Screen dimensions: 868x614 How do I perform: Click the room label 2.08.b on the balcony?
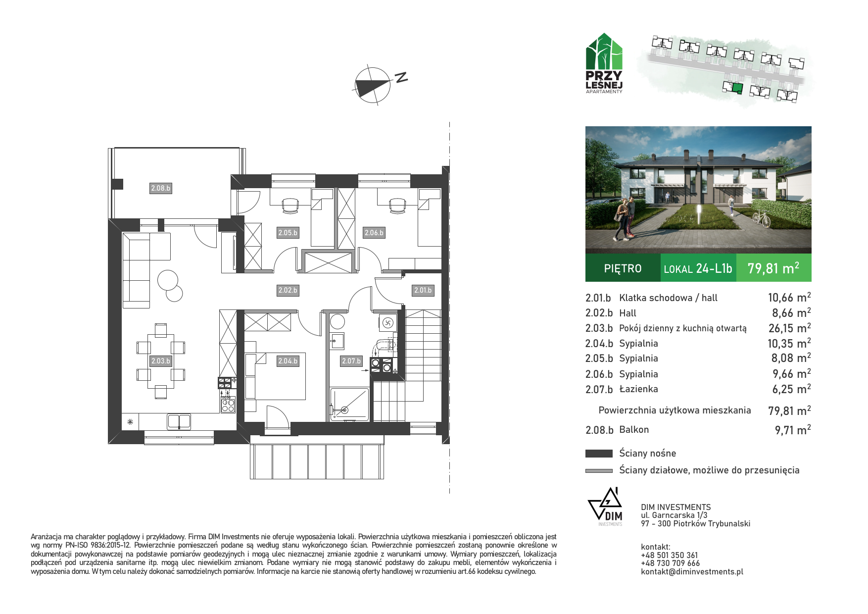(x=160, y=188)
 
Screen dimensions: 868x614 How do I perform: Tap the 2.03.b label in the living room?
(x=160, y=361)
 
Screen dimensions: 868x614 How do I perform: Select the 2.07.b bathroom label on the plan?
(x=351, y=361)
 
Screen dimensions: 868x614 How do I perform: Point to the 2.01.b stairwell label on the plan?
(x=423, y=290)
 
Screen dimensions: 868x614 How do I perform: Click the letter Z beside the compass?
(x=401, y=77)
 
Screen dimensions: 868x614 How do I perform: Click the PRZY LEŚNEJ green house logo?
(x=604, y=63)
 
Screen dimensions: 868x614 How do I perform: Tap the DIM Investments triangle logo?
(x=605, y=506)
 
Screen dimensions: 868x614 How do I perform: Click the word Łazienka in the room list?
(x=638, y=389)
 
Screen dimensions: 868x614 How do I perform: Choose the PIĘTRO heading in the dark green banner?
(x=623, y=268)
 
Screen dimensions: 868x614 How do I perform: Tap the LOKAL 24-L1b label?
(x=698, y=268)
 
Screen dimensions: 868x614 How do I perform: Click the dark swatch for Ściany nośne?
(x=599, y=453)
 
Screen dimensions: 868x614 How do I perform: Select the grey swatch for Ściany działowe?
(x=599, y=470)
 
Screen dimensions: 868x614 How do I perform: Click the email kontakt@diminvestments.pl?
(x=692, y=571)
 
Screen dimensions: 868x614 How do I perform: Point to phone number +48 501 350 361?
(x=669, y=555)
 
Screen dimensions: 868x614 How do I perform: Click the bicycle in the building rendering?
(x=762, y=219)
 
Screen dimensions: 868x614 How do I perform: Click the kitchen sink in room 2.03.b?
(x=179, y=421)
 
